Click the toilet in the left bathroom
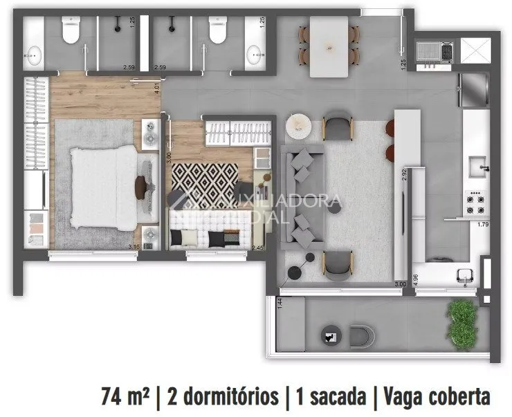tap(71, 31)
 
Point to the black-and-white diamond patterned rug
tap(205, 180)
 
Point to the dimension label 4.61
tap(158, 88)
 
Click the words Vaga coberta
tap(436, 396)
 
